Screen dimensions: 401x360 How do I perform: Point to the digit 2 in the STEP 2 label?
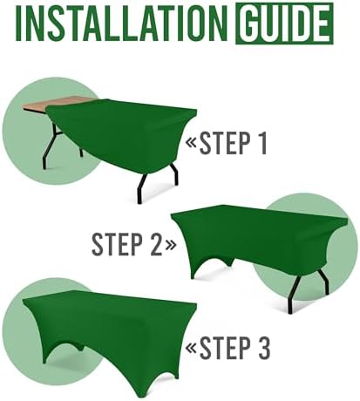point(150,245)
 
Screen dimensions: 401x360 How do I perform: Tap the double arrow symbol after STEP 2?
point(169,245)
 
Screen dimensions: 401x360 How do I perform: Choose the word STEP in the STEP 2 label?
point(116,245)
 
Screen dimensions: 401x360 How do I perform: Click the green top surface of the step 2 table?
point(253,218)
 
